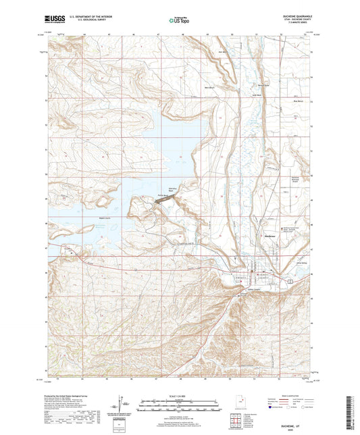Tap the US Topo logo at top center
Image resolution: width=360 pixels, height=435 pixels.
[x=178, y=21]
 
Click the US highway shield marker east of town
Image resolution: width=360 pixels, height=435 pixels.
[x=290, y=280]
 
